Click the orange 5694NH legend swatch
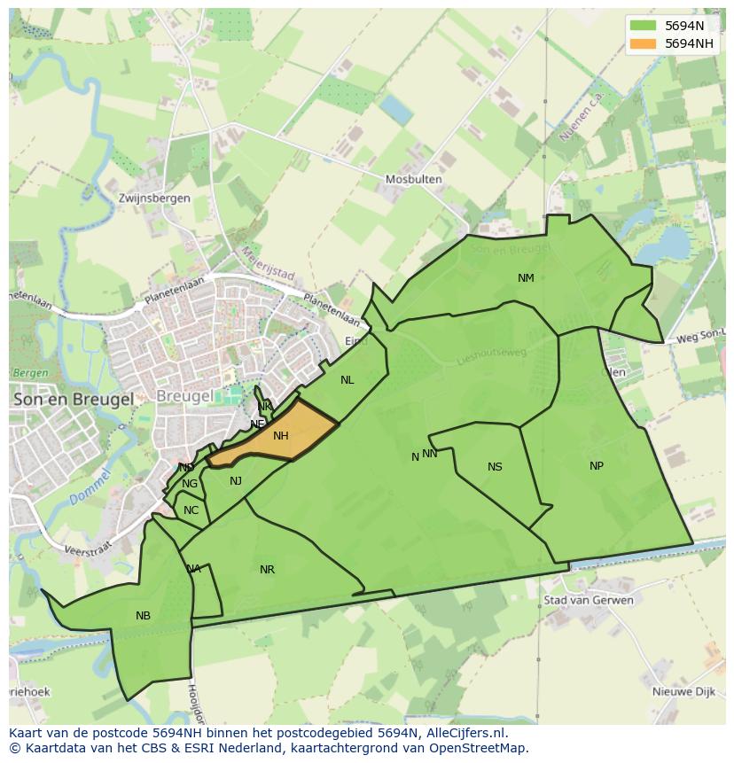click(643, 43)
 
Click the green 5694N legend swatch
click(643, 25)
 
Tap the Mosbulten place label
click(413, 179)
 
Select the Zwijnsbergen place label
click(154, 199)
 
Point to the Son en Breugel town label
click(74, 400)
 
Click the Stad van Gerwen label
click(589, 600)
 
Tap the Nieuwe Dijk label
click(683, 692)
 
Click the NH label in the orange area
click(281, 436)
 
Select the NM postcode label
click(526, 278)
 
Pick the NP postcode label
click(597, 466)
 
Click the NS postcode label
click(495, 467)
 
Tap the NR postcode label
click(267, 570)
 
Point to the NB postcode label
click(143, 616)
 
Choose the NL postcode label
click(347, 380)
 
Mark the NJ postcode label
click(236, 481)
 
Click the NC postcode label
click(191, 510)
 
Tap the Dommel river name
click(88, 488)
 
